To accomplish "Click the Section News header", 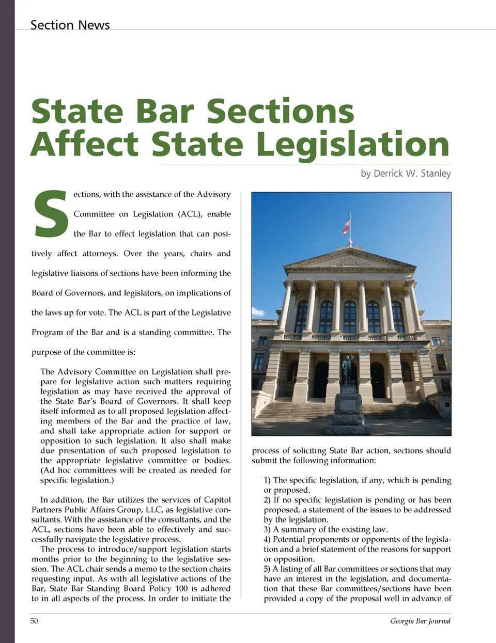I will coord(70,25).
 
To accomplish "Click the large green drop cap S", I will coord(51,214).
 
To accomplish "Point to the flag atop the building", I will coord(347,225).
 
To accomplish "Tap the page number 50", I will coord(34,621).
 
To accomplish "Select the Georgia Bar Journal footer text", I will coord(420,621).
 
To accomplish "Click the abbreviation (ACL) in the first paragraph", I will coord(190,214).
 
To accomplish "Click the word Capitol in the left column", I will coord(218,500).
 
